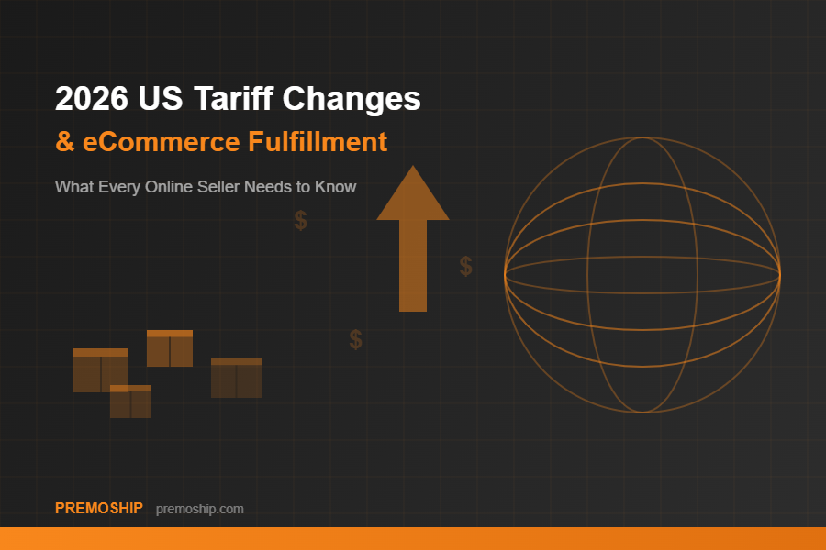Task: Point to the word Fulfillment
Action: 318,143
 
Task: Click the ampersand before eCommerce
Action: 64,143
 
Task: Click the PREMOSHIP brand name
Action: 99,508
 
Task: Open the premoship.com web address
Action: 200,509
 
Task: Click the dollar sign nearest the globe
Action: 466,267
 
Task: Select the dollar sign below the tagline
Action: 300,221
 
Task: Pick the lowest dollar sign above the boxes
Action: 355,340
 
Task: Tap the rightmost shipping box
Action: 236,378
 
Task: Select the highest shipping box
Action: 170,348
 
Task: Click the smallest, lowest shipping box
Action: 130,401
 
